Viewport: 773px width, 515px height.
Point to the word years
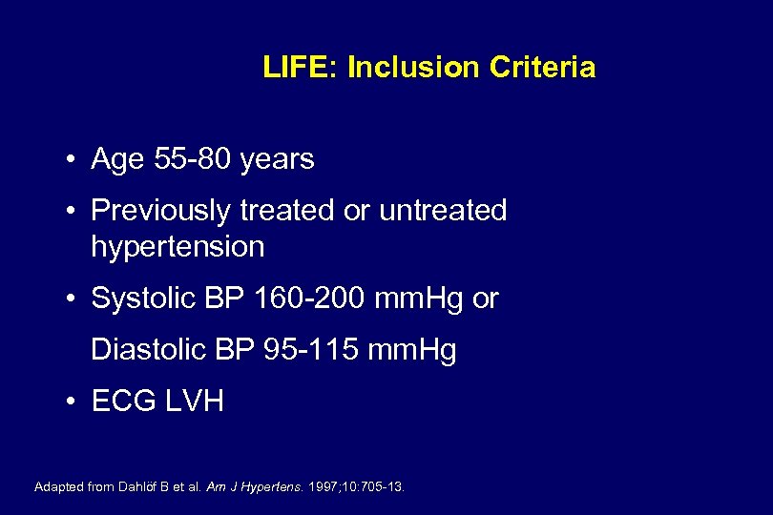(x=277, y=159)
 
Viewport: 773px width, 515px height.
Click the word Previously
(x=162, y=211)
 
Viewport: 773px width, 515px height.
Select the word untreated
(x=443, y=211)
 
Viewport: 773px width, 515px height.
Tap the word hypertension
(x=178, y=247)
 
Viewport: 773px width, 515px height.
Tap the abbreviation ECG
(x=121, y=402)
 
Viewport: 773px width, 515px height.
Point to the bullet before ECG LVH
(x=73, y=402)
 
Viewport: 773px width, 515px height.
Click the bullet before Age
(x=73, y=160)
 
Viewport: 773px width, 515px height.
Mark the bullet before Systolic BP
(x=73, y=299)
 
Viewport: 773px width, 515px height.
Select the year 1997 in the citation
(x=324, y=487)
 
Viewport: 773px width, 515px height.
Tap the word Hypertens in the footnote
(x=274, y=487)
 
